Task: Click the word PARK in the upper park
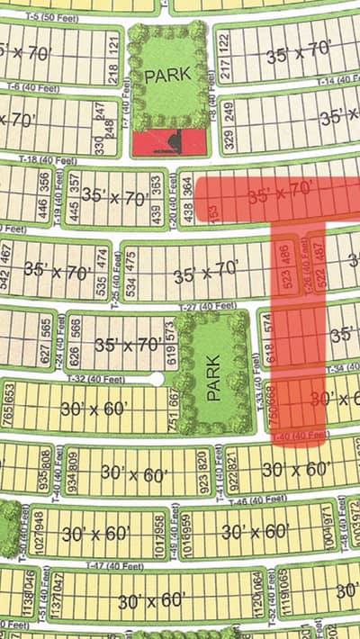[168, 74]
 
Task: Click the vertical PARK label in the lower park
[214, 375]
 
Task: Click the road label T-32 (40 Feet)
[99, 379]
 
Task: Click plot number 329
[229, 138]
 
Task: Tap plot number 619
[169, 344]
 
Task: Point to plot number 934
[73, 463]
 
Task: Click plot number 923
[191, 463]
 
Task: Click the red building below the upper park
[167, 142]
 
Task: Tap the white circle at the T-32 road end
[157, 379]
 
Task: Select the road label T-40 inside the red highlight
[301, 436]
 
